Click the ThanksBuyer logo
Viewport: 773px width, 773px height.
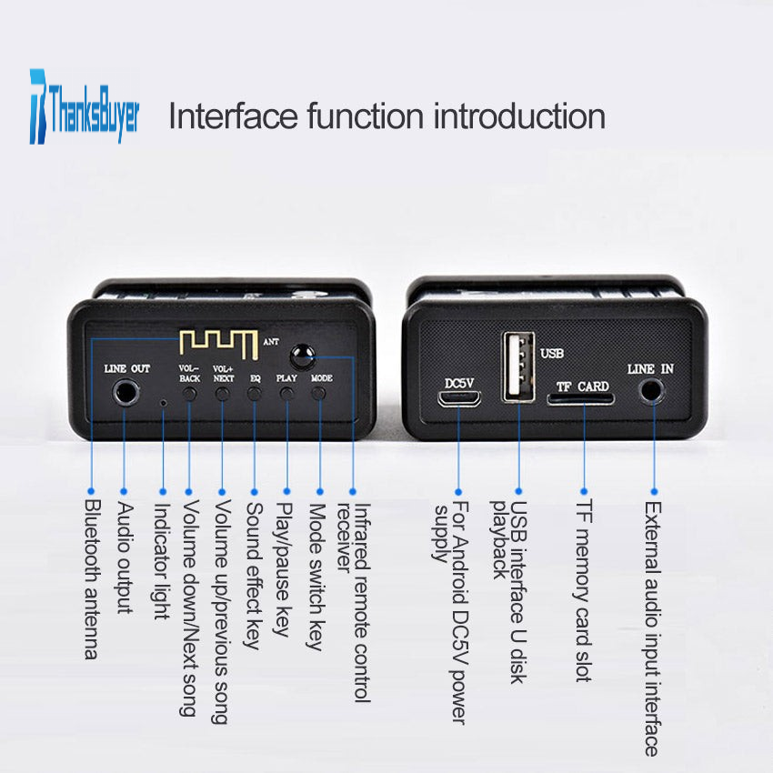(85, 106)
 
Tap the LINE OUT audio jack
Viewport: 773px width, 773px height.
(126, 393)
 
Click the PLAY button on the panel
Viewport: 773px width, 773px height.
(286, 394)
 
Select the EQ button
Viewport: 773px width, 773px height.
(255, 394)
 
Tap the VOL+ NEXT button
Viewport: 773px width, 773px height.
(222, 394)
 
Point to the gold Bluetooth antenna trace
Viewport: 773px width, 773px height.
(218, 344)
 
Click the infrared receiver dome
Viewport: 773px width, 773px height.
(302, 356)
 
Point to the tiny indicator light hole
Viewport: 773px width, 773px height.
(164, 403)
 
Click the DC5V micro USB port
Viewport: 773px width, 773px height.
(459, 398)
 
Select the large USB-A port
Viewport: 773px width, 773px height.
(518, 366)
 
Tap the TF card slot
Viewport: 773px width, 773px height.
(580, 399)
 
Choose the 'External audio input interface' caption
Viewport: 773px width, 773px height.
(653, 628)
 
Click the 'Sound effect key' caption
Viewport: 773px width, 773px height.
(254, 576)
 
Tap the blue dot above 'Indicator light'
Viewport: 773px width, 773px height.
(163, 491)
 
